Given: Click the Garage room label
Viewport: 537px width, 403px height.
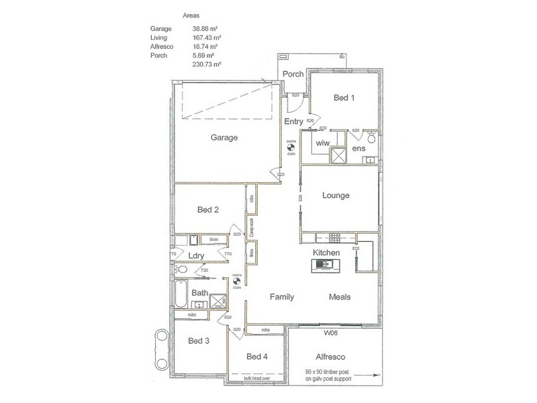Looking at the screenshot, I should pyautogui.click(x=224, y=138).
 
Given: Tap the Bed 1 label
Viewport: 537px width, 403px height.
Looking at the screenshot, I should pyautogui.click(x=344, y=98).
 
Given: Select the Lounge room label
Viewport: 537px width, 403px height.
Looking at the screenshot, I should pyautogui.click(x=336, y=196).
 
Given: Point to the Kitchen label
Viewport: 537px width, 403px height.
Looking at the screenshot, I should pyautogui.click(x=327, y=252).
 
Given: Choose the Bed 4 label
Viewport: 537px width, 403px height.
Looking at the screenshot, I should pyautogui.click(x=257, y=357).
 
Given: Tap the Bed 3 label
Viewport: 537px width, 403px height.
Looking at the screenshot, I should pyautogui.click(x=199, y=341).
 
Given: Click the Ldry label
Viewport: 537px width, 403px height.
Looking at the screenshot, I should pyautogui.click(x=196, y=256).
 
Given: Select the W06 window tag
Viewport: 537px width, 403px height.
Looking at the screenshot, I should pyautogui.click(x=330, y=332).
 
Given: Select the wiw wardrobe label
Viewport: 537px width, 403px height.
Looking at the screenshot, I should pyautogui.click(x=322, y=143).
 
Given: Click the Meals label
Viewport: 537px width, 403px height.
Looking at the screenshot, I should pyautogui.click(x=340, y=297).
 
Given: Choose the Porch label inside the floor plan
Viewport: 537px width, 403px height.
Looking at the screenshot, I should pyautogui.click(x=293, y=74).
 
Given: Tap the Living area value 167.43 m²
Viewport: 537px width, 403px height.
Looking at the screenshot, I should pyautogui.click(x=207, y=38).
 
